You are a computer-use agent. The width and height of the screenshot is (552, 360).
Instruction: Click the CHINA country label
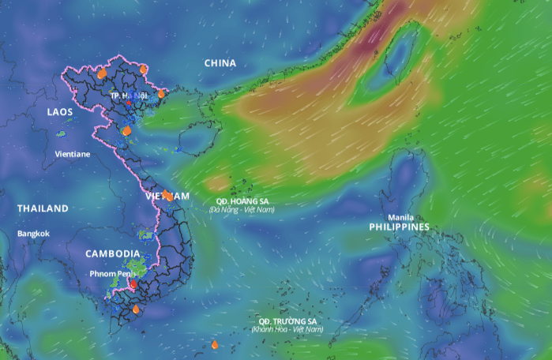[220, 63]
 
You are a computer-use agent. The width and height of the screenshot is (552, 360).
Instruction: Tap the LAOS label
[59, 113]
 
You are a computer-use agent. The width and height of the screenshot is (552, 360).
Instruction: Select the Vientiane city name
[72, 154]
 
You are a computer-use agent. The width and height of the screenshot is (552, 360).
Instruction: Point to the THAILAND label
[43, 208]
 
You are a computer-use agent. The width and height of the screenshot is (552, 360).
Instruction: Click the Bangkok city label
[33, 234]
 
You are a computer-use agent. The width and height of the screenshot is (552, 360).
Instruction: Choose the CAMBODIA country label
[113, 253]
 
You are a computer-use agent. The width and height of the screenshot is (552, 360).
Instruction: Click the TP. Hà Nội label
[129, 96]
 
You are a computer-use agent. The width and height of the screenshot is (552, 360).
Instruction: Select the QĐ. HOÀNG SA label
[242, 201]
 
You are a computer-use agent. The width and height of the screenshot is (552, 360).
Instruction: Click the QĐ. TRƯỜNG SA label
[287, 321]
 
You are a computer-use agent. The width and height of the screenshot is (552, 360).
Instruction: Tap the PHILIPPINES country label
[400, 227]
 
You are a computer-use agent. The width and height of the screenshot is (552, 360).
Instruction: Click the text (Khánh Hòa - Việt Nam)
[287, 329]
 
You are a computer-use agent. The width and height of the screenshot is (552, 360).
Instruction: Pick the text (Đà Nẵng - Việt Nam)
[242, 209]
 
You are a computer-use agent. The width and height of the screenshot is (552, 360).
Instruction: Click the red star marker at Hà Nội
[129, 103]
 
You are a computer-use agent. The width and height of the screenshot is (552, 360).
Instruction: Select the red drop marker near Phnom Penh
[133, 283]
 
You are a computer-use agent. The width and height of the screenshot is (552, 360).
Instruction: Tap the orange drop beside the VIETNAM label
[168, 196]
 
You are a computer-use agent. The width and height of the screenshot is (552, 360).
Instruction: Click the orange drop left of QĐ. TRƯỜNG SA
[215, 345]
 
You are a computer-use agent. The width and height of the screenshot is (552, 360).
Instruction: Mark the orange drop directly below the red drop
[136, 309]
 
